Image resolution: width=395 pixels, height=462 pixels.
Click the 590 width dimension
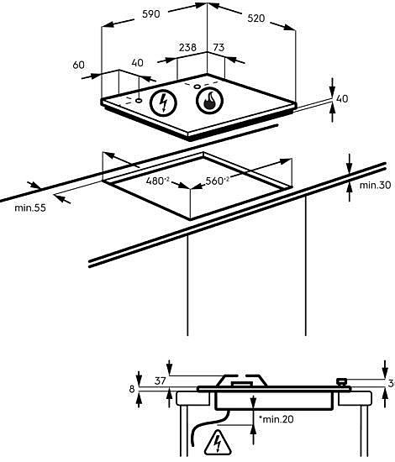pyautogui.click(x=151, y=13)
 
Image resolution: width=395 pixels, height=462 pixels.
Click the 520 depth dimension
pyautogui.click(x=255, y=18)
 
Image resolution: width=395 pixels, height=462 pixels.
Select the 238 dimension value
pyautogui.click(x=187, y=47)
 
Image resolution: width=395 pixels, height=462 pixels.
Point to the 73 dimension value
pyautogui.click(x=219, y=47)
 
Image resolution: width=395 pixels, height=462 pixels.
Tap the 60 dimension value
pyautogui.click(x=78, y=65)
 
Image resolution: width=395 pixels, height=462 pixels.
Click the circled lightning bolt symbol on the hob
pyautogui.click(x=163, y=102)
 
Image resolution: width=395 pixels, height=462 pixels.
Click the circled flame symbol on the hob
pyautogui.click(x=209, y=100)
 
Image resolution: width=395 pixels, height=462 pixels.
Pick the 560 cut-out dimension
pyautogui.click(x=217, y=181)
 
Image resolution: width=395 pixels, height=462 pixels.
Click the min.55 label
pyautogui.click(x=30, y=207)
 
